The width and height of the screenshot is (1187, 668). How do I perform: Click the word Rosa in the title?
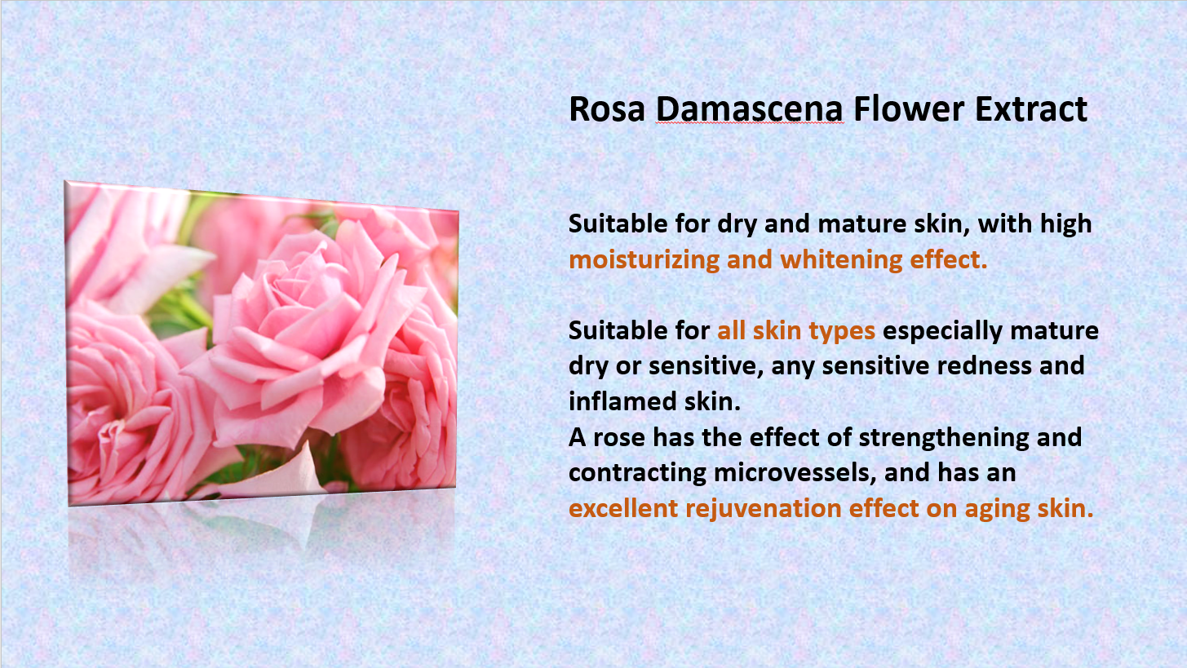click(x=607, y=109)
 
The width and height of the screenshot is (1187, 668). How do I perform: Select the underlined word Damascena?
click(x=749, y=109)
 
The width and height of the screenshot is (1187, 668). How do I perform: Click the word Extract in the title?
click(x=1030, y=109)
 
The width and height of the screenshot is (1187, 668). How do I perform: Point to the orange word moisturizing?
click(x=644, y=259)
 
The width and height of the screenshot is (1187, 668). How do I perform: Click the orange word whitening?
click(x=841, y=259)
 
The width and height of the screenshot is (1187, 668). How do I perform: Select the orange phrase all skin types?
click(x=796, y=331)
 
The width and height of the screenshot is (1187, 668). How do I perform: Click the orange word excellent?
click(x=623, y=508)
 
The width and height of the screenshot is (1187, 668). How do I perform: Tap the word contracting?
click(x=637, y=473)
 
